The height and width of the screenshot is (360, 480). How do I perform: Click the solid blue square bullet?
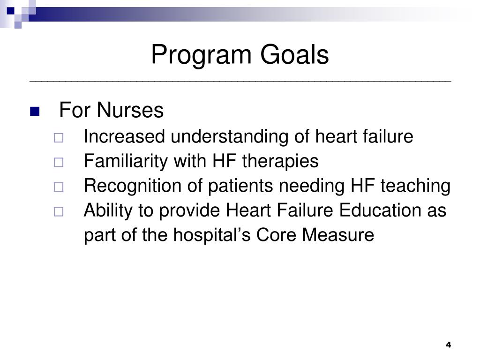tap(35, 112)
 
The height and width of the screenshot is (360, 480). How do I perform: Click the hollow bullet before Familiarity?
tap(58, 163)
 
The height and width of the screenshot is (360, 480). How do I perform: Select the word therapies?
tap(280, 162)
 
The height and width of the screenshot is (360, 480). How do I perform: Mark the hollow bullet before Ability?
tap(58, 212)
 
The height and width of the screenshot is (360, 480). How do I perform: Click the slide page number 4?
tap(448, 345)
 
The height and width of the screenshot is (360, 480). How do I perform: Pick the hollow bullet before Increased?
tap(58, 138)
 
